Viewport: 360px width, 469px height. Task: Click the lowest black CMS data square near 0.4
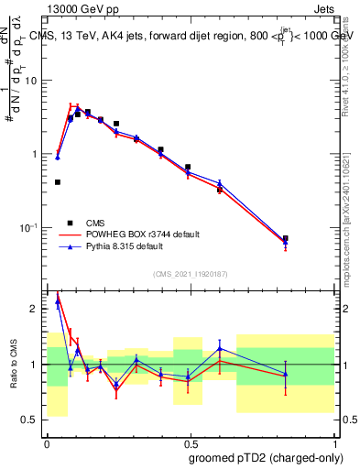pyautogui.click(x=58, y=182)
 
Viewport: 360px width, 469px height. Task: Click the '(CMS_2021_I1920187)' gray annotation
pyautogui.click(x=190, y=273)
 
